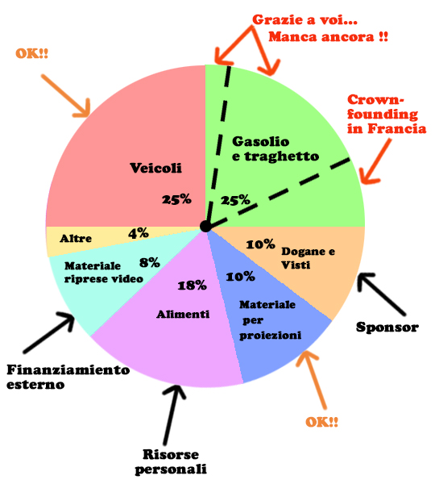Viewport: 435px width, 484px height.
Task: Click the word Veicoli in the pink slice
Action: click(x=155, y=169)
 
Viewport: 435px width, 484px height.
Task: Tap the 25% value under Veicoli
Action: click(x=176, y=199)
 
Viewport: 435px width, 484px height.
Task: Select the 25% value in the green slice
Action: click(x=235, y=200)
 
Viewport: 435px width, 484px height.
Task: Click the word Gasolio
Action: click(x=260, y=141)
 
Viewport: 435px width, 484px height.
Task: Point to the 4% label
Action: click(x=139, y=233)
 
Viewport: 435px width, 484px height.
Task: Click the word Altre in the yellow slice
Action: click(x=76, y=238)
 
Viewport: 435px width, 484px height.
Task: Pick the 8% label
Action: click(x=150, y=262)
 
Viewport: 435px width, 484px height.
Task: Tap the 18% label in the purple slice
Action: click(x=192, y=286)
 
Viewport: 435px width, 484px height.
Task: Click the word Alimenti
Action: click(x=183, y=315)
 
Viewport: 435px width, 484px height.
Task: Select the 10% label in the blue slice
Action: click(x=241, y=277)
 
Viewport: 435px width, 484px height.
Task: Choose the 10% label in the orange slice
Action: click(x=260, y=244)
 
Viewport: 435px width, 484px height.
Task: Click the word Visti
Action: click(x=296, y=265)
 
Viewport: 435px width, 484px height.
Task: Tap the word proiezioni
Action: click(x=271, y=336)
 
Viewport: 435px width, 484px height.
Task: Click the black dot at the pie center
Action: click(x=205, y=226)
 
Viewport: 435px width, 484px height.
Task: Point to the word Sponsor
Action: click(x=387, y=328)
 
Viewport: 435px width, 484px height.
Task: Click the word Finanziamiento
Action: click(x=68, y=369)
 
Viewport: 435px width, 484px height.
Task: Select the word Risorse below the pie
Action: click(x=171, y=454)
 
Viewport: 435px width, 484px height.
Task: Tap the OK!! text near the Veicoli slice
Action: click(x=32, y=54)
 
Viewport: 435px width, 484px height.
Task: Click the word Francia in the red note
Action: click(x=397, y=128)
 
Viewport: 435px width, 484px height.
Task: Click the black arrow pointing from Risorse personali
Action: click(x=172, y=414)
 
